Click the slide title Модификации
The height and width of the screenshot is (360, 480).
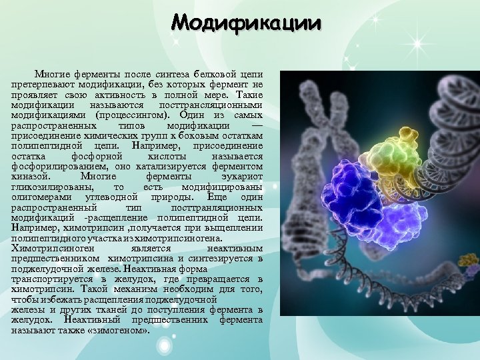pyautogui.click(x=246, y=23)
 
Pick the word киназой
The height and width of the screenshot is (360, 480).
pyautogui.click(x=29, y=176)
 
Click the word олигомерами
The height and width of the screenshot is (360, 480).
pyautogui.click(x=42, y=197)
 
